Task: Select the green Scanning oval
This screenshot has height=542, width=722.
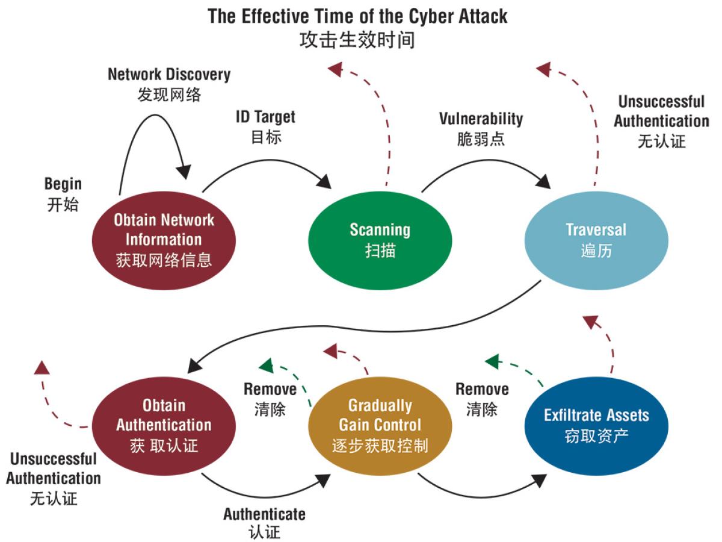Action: (x=380, y=240)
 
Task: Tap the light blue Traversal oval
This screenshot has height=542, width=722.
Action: (x=596, y=240)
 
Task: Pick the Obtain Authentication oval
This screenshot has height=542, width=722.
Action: (x=164, y=425)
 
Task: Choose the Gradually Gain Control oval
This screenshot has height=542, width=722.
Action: (x=380, y=425)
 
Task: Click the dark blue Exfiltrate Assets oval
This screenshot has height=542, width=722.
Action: (x=596, y=425)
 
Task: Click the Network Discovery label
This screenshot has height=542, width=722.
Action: (x=169, y=75)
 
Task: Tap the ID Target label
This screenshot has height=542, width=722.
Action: (x=265, y=116)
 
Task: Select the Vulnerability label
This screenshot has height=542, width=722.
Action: (x=481, y=119)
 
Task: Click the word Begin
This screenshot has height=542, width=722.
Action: (x=63, y=184)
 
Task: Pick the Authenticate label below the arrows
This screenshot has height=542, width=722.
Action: (x=264, y=514)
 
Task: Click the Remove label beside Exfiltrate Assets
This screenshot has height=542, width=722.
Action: (x=482, y=389)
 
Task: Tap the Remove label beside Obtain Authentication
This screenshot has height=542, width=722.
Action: (x=270, y=389)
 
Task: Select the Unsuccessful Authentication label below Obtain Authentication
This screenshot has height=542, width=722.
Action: (x=54, y=469)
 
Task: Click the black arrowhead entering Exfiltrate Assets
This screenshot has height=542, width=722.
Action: (x=540, y=480)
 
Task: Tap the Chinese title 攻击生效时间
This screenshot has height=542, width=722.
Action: (x=357, y=40)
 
